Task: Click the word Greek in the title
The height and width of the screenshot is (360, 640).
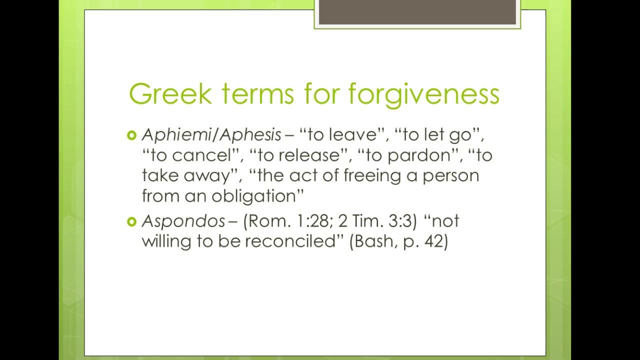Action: (x=170, y=94)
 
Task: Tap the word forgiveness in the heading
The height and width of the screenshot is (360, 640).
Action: (x=424, y=94)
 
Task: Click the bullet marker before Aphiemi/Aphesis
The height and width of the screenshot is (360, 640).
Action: (x=132, y=135)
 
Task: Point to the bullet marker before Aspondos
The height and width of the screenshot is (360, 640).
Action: (x=132, y=221)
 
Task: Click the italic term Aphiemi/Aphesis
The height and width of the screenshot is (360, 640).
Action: (x=211, y=135)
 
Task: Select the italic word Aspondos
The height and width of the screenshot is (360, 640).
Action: (x=183, y=221)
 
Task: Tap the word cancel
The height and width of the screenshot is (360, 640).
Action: (x=201, y=155)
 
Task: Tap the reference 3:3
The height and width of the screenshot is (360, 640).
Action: (x=400, y=221)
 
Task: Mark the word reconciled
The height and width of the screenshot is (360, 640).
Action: (x=290, y=241)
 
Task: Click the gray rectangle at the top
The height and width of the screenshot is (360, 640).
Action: (x=417, y=12)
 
